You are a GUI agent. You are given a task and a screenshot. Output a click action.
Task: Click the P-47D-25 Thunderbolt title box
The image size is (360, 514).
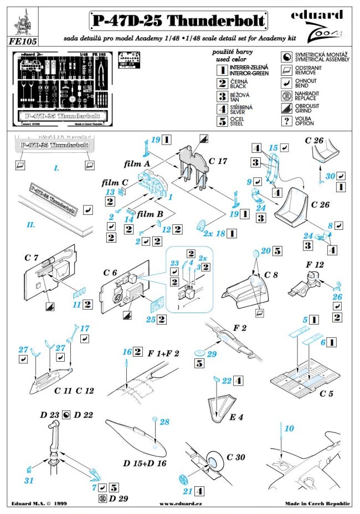178,21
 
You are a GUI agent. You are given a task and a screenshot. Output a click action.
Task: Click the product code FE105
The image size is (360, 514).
20,40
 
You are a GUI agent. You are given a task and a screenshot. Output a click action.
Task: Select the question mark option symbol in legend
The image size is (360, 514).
287,122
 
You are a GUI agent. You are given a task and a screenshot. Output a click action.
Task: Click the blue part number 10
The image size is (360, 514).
289,428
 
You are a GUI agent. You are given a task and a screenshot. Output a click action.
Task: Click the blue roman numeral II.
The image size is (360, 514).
31,226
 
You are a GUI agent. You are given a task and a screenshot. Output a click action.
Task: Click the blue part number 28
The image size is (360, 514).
164,422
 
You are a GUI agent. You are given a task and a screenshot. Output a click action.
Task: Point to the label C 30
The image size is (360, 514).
235,457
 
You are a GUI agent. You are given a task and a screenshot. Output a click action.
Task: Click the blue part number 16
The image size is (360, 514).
127,352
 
